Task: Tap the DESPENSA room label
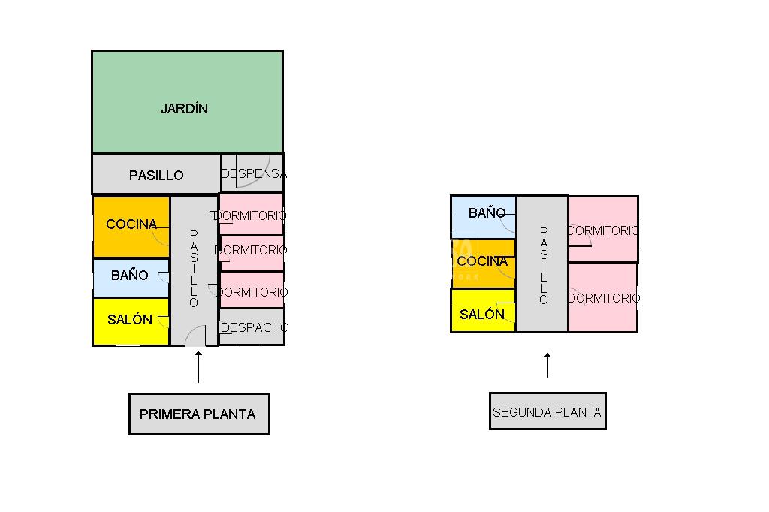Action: coord(253,173)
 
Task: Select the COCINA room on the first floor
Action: coord(131,224)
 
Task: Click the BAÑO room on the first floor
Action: coord(130,276)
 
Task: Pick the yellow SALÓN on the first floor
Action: coord(130,320)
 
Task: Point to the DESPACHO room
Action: coord(254,327)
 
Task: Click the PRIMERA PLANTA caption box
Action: coord(198,414)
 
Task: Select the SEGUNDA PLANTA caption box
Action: coord(547,411)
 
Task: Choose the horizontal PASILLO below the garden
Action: coord(156,175)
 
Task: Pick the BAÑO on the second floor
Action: coord(487,213)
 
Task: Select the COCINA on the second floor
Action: coord(482,262)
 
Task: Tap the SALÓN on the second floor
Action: coord(482,315)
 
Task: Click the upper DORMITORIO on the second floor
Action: coord(603,230)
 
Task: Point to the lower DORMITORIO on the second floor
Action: coord(603,298)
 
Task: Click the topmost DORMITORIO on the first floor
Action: coord(252,215)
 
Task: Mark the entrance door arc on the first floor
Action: coord(195,336)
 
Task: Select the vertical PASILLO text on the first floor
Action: coord(194,269)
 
